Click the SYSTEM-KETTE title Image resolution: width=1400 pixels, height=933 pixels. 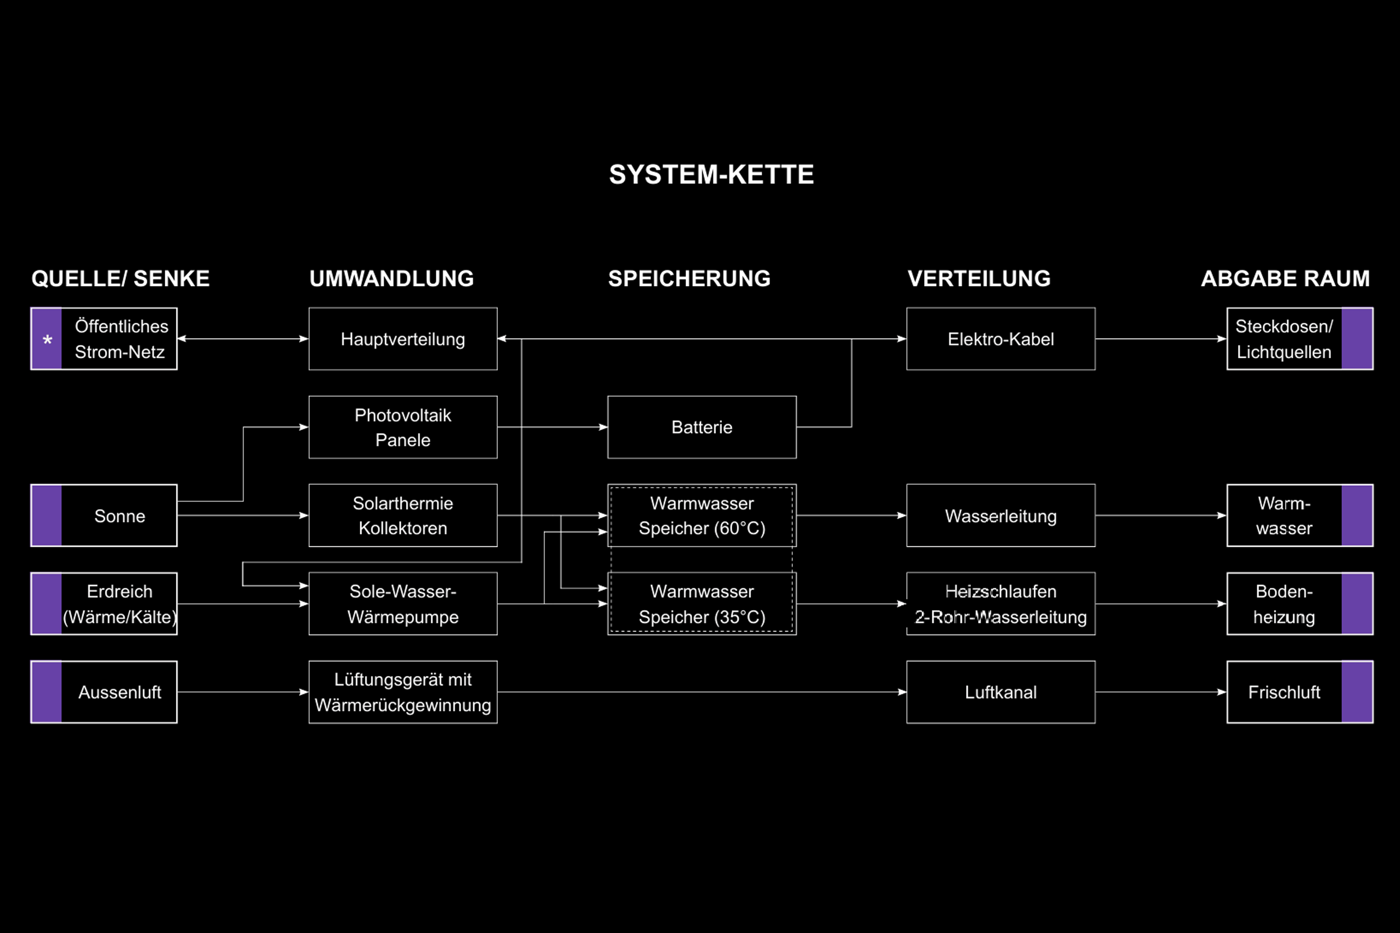point(711,174)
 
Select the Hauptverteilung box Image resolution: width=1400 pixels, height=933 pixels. point(403,339)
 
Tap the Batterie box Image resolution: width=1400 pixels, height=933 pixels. point(702,427)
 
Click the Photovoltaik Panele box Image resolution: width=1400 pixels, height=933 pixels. point(403,427)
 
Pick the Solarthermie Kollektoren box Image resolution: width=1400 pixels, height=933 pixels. point(403,515)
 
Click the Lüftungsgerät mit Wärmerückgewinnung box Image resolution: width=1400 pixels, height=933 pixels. point(403,692)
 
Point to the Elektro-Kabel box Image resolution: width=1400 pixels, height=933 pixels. point(1001,339)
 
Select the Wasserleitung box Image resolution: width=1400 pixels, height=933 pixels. point(1001,515)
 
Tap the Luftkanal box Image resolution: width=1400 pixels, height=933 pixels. point(1001,692)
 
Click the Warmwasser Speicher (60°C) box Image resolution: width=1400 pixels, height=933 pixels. point(702,515)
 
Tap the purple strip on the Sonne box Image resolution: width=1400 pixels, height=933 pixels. point(46,515)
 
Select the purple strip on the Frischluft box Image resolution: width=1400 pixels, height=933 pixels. point(1357,692)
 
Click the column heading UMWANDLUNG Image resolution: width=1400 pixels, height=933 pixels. point(392,279)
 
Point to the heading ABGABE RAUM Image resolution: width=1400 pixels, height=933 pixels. point(1285,279)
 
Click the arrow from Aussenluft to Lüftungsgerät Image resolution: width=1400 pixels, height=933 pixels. point(243,692)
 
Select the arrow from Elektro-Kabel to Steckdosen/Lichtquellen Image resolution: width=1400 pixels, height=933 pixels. point(1161,339)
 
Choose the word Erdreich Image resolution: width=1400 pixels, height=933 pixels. point(119,592)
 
